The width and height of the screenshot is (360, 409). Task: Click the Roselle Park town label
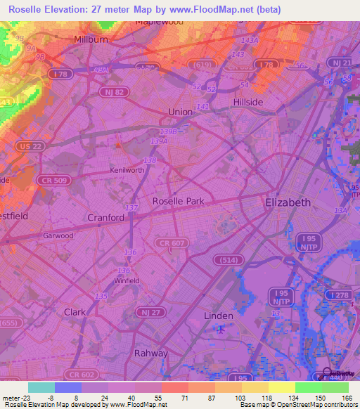tap(179, 201)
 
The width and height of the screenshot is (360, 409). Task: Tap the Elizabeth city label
tap(288, 202)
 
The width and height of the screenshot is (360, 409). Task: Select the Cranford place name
tap(106, 218)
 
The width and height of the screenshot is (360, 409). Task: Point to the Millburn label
tap(91, 40)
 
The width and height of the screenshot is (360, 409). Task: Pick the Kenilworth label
tap(127, 171)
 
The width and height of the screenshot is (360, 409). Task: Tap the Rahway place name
tap(151, 353)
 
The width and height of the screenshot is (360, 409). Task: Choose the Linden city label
tap(218, 316)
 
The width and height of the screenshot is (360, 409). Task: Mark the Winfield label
tap(127, 280)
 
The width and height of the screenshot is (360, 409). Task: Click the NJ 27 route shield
tap(143, 311)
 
